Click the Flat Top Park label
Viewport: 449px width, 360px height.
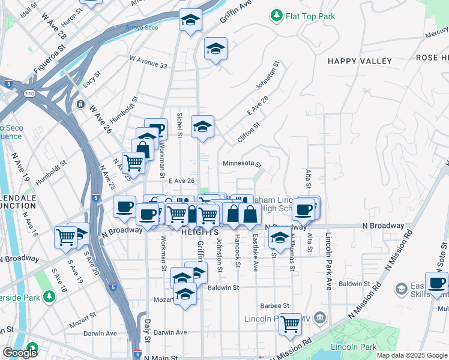(310, 16)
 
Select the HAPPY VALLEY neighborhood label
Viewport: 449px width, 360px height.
(360, 61)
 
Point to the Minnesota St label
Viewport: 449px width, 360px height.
(242, 163)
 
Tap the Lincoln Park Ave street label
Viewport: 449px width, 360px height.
(329, 261)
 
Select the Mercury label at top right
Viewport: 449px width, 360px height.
(436, 35)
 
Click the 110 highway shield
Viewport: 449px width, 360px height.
(29, 94)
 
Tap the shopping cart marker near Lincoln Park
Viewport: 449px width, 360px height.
(290, 324)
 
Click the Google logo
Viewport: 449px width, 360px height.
(20, 353)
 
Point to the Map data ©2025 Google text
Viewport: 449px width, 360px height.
(412, 355)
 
